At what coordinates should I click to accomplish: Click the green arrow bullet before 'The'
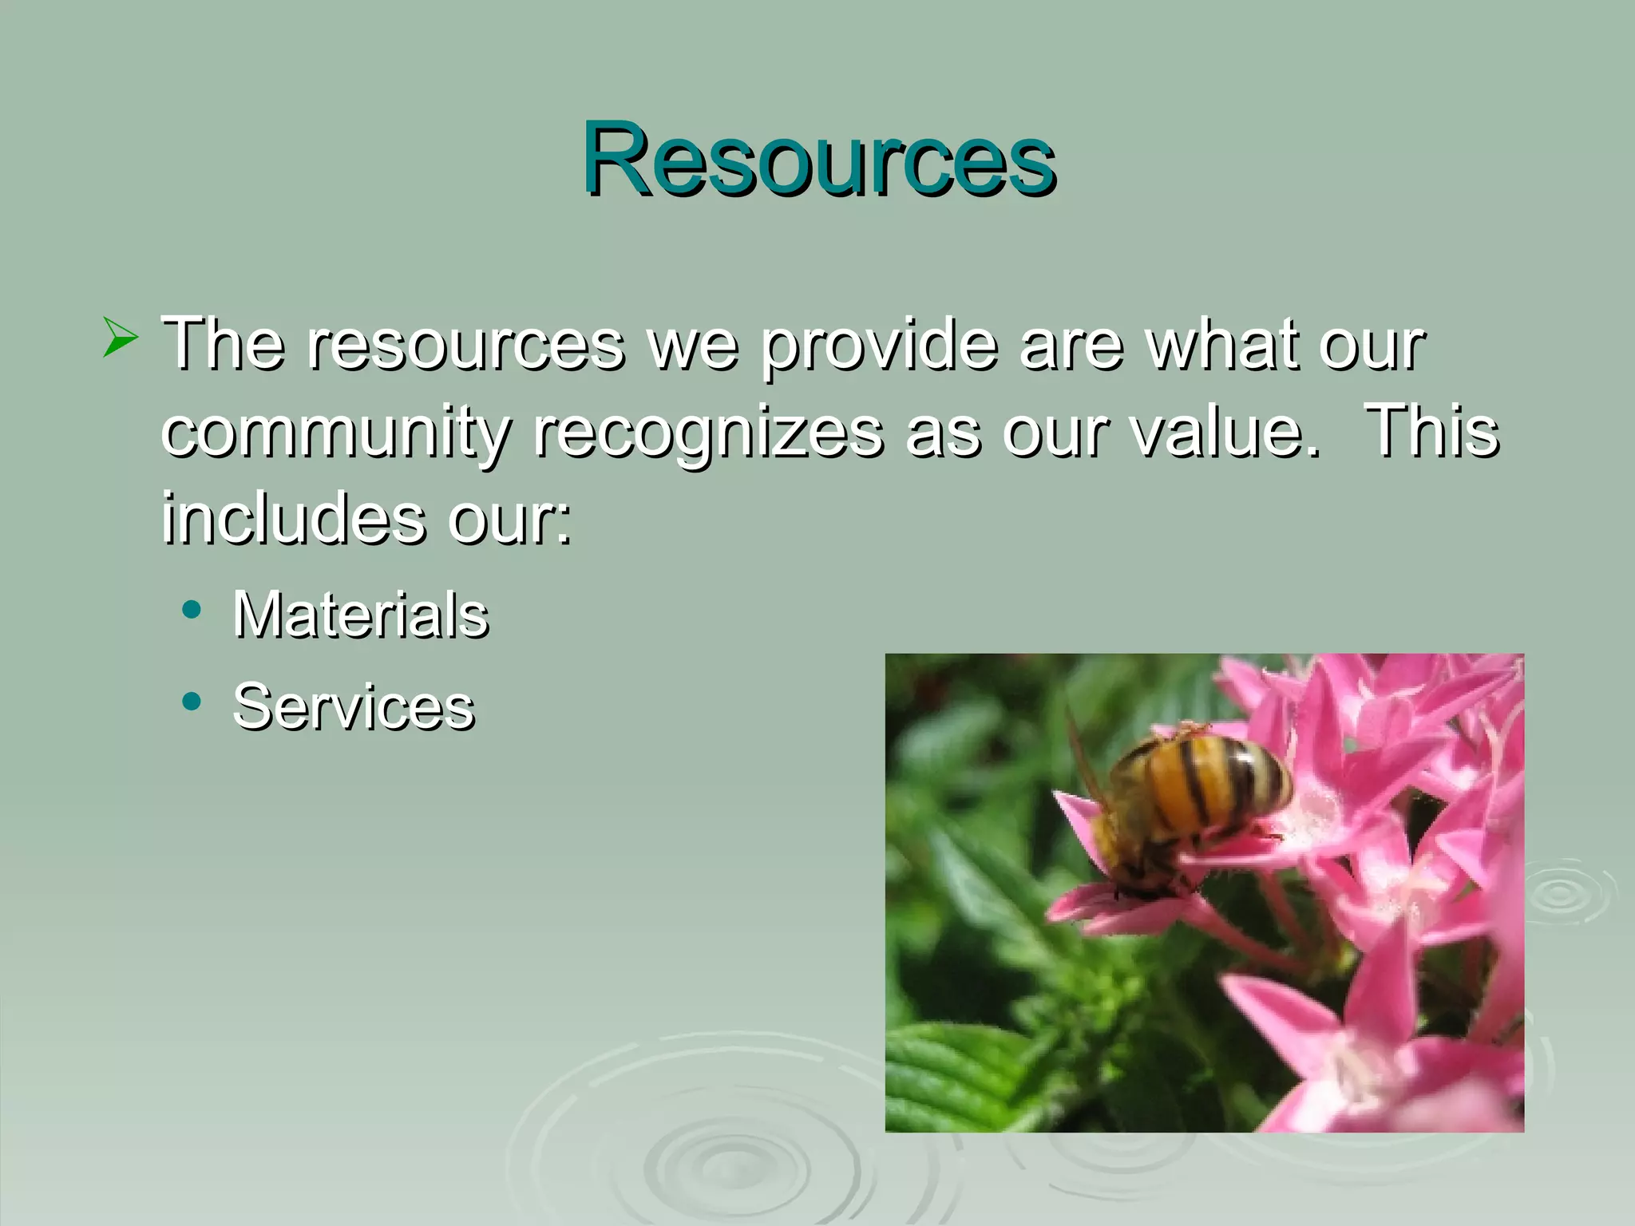pos(120,338)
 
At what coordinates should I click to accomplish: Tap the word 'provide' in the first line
pos(879,346)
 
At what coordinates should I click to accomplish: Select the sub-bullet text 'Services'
pos(354,707)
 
